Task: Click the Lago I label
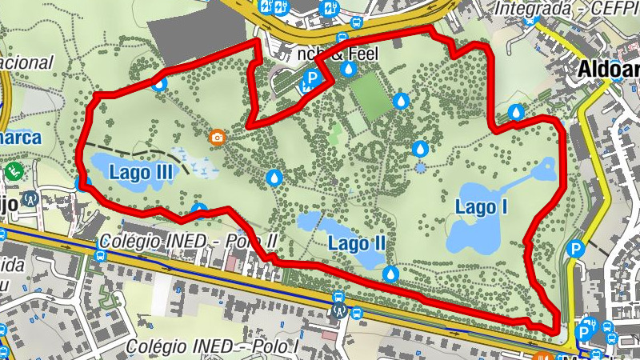(482, 206)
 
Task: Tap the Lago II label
(358, 242)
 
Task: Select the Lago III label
(142, 170)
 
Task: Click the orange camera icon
(217, 138)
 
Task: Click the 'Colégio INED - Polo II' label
(189, 241)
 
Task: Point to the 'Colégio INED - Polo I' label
(212, 346)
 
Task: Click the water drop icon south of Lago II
(390, 274)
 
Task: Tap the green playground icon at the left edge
(14, 170)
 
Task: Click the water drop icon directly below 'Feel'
(348, 70)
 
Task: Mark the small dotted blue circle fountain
(421, 168)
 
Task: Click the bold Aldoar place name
(608, 70)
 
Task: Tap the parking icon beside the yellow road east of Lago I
(575, 250)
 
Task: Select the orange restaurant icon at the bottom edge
(543, 356)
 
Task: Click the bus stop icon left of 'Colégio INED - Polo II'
(99, 256)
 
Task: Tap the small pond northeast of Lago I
(547, 169)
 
